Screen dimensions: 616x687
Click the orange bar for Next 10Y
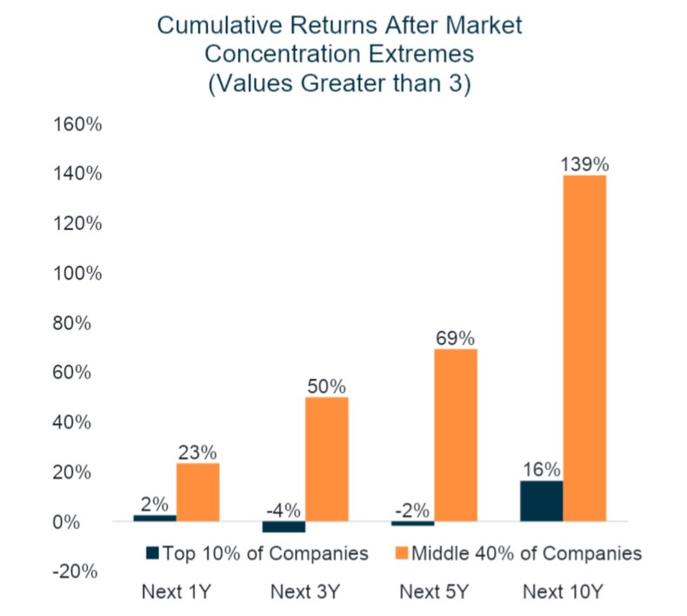coord(584,348)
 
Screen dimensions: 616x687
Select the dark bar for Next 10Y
coord(541,501)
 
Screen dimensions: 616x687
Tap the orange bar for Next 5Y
coord(456,434)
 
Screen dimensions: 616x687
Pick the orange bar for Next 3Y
coord(326,459)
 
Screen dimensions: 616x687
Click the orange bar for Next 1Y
coord(197,492)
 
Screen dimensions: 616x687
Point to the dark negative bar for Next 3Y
coord(283,527)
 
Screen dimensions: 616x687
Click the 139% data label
coord(584,163)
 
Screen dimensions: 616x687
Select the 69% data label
coord(456,337)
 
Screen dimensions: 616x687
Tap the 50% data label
coord(326,385)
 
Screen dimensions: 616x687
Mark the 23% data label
coord(197,452)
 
